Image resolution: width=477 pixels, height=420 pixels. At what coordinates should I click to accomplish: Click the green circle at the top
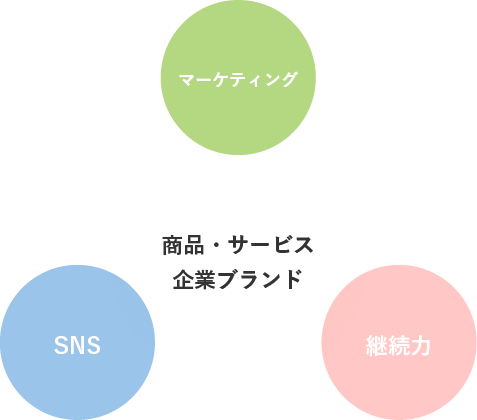click(238, 77)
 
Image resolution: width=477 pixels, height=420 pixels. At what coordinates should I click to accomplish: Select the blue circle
click(77, 343)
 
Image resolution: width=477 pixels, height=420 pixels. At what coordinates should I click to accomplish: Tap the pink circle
click(399, 343)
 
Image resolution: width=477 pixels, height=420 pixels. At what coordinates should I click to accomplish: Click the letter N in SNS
click(77, 345)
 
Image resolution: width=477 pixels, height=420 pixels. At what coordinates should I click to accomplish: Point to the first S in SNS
click(61, 345)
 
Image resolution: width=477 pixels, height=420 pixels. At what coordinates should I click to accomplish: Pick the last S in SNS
click(93, 345)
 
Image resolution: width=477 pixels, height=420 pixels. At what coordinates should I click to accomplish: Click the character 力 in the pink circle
click(420, 345)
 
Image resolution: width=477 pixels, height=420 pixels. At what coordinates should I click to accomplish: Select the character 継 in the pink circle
click(377, 345)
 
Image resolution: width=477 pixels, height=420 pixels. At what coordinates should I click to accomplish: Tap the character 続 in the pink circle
click(398, 345)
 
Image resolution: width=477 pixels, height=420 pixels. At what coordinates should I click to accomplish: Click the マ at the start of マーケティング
click(188, 80)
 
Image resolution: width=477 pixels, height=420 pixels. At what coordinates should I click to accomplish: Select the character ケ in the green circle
click(222, 80)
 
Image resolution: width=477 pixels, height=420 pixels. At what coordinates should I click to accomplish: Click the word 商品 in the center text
click(183, 245)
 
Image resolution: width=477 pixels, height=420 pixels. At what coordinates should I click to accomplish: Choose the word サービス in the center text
click(271, 245)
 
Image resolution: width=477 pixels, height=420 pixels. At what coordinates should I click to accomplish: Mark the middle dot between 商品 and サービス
click(216, 246)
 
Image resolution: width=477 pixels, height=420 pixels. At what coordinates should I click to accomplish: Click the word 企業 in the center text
click(194, 279)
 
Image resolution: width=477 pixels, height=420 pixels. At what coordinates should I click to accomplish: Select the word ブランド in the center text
click(259, 279)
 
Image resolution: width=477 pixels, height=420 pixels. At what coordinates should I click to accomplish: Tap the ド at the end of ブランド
click(291, 279)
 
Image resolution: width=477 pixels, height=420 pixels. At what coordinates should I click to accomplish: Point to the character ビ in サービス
click(281, 245)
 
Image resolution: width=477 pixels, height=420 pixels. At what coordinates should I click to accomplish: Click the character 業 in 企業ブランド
click(204, 279)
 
